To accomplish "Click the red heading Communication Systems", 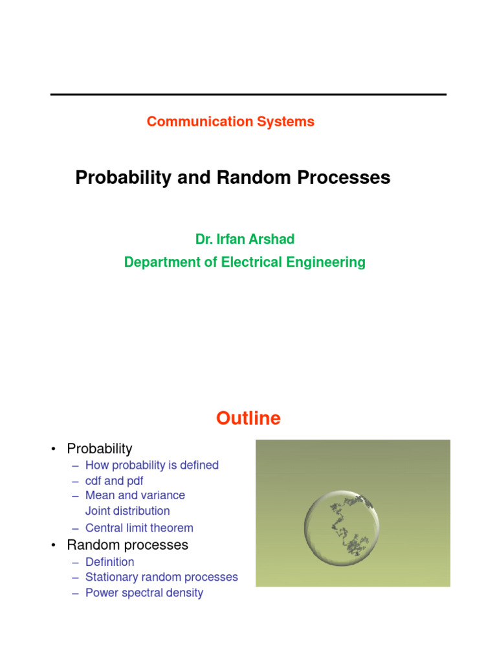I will (230, 122).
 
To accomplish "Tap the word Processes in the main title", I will (344, 178).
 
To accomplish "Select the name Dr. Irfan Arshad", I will (245, 240).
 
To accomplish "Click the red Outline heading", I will (248, 419).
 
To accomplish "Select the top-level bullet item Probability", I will (100, 449).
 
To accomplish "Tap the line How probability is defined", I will (152, 465).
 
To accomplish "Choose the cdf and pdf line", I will (114, 481).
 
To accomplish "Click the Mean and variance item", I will (135, 495).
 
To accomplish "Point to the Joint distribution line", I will (127, 511).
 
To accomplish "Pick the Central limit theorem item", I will (139, 528).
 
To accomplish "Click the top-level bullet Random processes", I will (127, 545).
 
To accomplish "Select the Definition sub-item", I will (110, 562).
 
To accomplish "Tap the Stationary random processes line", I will (162, 577).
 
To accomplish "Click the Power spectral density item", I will (144, 593).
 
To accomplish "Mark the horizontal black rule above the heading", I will (248, 95).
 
